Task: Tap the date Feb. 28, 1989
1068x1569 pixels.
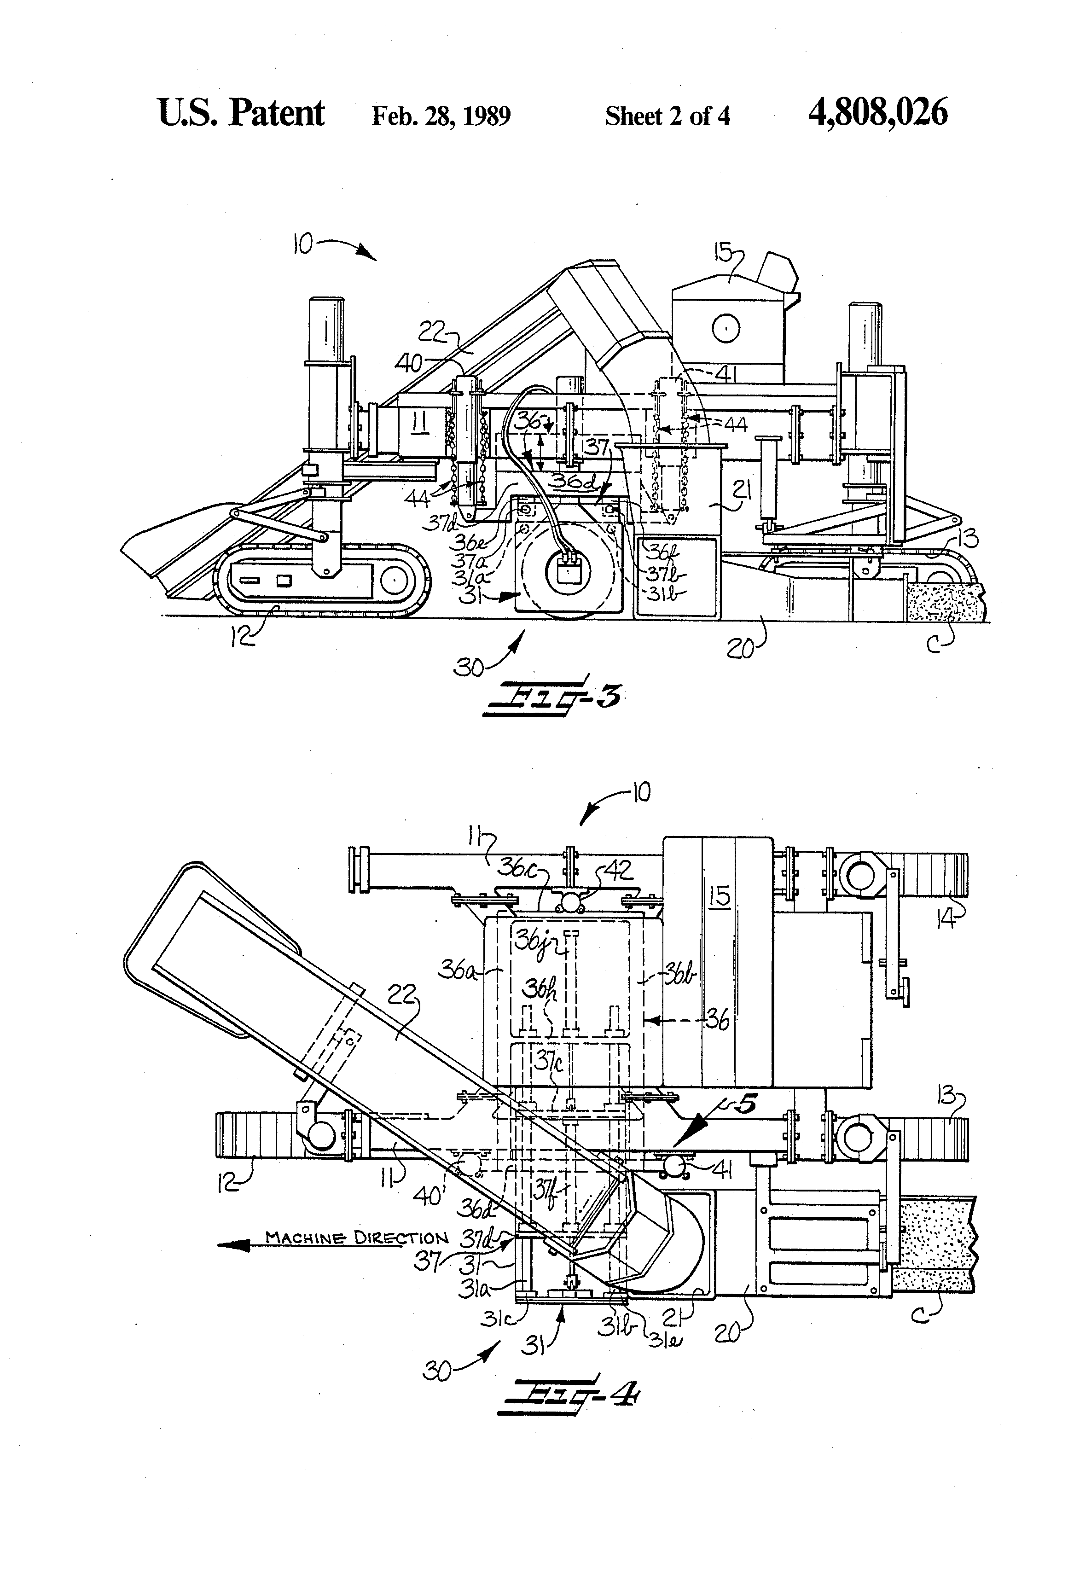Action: click(x=441, y=116)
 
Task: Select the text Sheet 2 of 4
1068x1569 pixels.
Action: click(x=667, y=116)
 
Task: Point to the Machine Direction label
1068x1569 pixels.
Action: click(x=356, y=1238)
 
